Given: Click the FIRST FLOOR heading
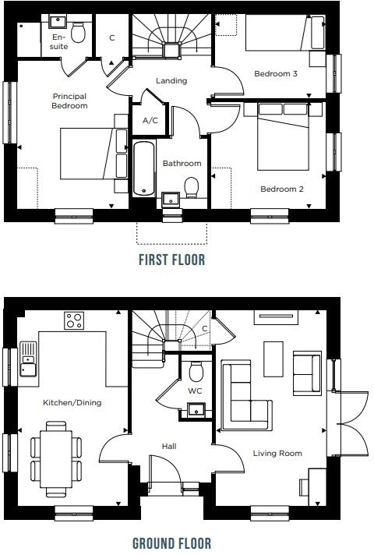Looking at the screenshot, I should [x=171, y=260].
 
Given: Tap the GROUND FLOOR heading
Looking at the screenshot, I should [x=171, y=543].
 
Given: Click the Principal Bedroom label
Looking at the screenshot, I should [x=69, y=101].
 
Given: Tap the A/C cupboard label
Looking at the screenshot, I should [x=150, y=121].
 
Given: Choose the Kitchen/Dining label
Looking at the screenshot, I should [x=72, y=402].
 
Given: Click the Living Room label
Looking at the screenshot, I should [x=277, y=453].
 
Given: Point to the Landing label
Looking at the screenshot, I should [x=171, y=80].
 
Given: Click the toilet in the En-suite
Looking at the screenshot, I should [x=78, y=32].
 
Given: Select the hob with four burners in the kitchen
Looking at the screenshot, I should [x=74, y=321].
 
